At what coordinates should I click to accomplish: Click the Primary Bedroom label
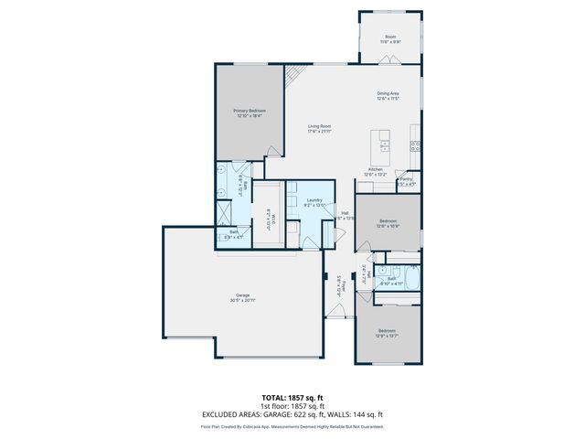pos(250,111)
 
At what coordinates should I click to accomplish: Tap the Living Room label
pos(318,126)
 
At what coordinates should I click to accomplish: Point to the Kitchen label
pos(376,170)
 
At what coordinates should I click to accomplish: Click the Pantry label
pos(405,180)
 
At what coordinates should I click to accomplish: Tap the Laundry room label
pos(314,200)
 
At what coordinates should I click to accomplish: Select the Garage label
pos(242,295)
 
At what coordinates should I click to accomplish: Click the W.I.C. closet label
pos(270,216)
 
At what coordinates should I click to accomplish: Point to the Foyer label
pos(339,285)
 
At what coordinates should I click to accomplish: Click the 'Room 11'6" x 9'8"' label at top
pos(390,37)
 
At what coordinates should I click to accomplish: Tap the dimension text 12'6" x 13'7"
pos(387,336)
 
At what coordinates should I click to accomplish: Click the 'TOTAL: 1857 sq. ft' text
pos(292,398)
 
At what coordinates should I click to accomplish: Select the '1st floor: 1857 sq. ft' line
pos(292,406)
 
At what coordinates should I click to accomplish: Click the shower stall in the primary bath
pos(224,212)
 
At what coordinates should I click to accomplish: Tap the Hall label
pos(344,214)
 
